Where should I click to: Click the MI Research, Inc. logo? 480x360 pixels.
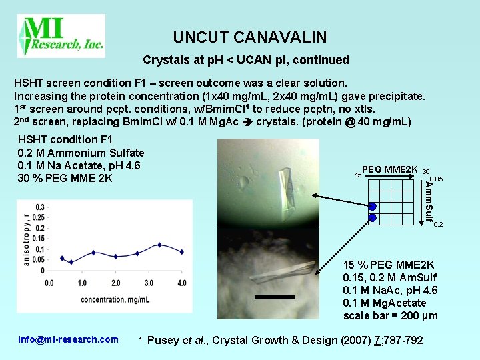(x=61, y=36)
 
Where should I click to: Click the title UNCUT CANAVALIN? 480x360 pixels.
(x=250, y=37)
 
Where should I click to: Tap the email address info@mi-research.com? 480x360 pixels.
(x=67, y=340)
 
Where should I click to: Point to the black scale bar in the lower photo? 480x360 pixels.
(x=274, y=297)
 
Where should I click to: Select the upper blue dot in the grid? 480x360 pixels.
(x=373, y=206)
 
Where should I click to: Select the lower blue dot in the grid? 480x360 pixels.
(x=373, y=217)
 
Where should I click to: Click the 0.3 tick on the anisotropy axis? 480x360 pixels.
(x=41, y=207)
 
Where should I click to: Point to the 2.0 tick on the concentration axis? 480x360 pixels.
(x=116, y=283)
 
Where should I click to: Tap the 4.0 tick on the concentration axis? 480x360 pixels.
(x=182, y=283)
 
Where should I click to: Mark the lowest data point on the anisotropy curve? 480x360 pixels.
(x=71, y=262)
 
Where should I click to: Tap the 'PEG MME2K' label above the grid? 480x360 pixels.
(x=390, y=169)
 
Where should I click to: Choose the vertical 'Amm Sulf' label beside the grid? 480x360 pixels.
(x=429, y=201)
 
